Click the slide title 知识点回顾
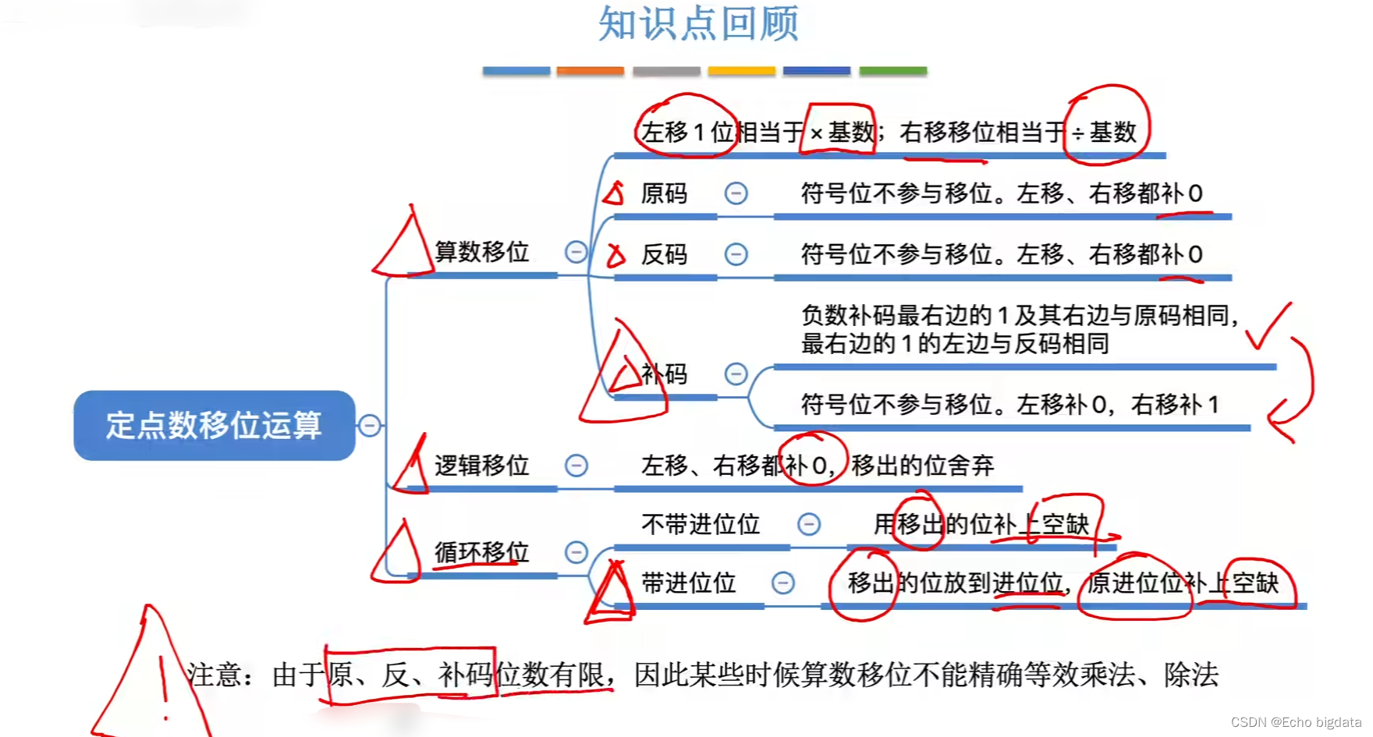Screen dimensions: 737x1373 click(x=698, y=23)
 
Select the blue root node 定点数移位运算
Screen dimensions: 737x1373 click(x=214, y=425)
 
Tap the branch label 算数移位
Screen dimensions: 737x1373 click(x=482, y=252)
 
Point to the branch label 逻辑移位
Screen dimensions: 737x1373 click(x=482, y=466)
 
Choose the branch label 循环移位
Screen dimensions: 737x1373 click(x=482, y=552)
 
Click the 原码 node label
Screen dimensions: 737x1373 click(x=664, y=193)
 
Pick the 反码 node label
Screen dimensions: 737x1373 click(x=664, y=254)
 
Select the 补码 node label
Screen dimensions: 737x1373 click(x=664, y=374)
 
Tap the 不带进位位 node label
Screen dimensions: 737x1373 click(x=701, y=524)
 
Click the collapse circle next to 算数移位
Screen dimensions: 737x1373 click(x=576, y=252)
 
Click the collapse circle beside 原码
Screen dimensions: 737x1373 click(x=736, y=193)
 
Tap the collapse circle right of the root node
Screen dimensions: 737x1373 click(x=370, y=425)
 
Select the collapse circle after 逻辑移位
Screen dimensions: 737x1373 click(x=576, y=466)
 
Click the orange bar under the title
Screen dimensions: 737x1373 click(x=590, y=71)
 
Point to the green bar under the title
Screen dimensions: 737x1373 click(x=892, y=71)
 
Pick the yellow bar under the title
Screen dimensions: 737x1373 click(x=741, y=71)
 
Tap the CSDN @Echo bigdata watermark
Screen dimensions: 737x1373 click(x=1296, y=722)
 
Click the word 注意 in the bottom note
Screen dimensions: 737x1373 click(x=215, y=675)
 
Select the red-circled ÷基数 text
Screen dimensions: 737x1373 click(x=1105, y=133)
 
